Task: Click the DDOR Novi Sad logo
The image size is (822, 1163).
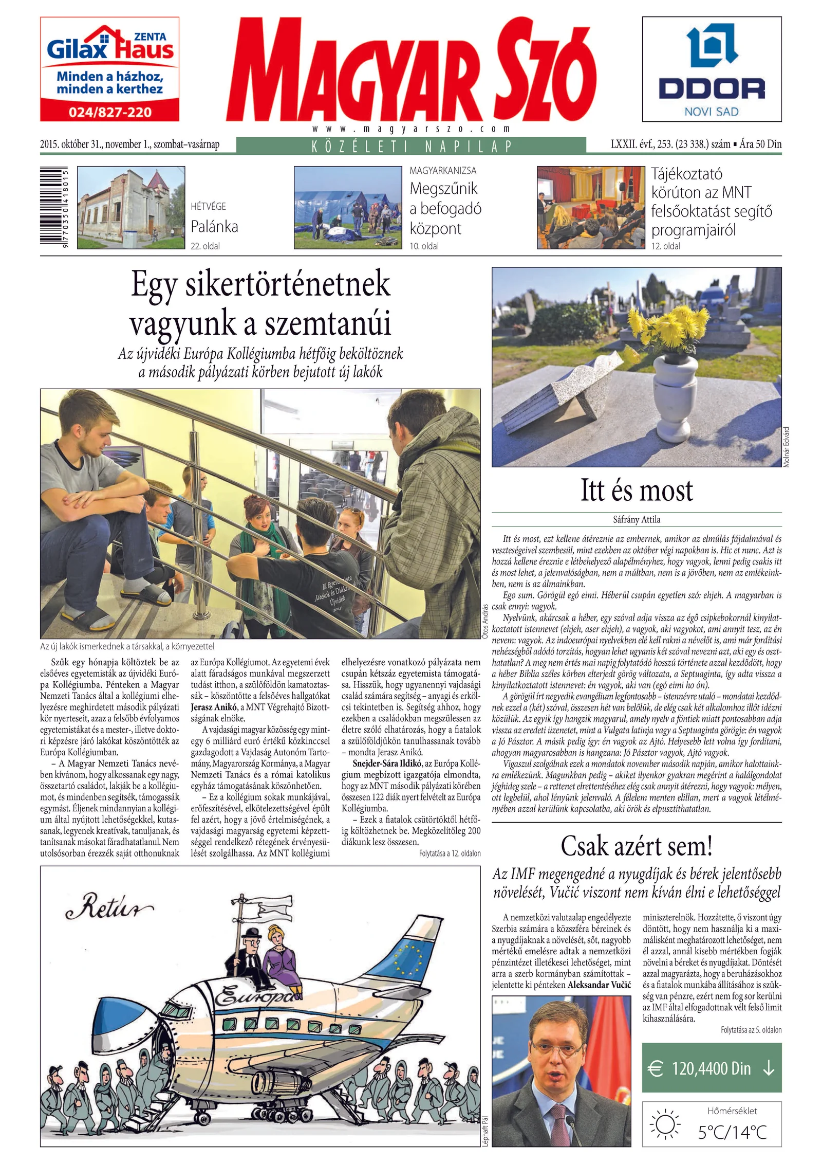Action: pos(712,69)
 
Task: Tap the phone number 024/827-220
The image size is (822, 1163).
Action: pos(110,112)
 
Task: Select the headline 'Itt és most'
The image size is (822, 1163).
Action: pos(637,490)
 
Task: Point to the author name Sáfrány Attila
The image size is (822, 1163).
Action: pos(637,520)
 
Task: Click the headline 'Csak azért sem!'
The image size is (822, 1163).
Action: pos(637,846)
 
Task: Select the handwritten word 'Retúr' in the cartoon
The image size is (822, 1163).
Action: pos(109,909)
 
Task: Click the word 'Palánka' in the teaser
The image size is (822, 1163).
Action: pos(214,226)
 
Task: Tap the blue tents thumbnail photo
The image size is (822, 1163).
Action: pos(348,208)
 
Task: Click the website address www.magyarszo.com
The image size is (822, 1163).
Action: pos(411,129)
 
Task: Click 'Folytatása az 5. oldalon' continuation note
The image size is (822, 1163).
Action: pos(751,1030)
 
